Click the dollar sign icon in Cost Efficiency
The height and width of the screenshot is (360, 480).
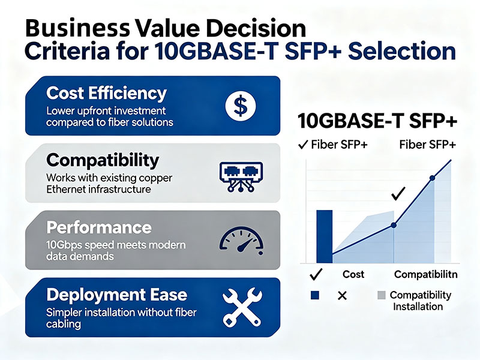[x=240, y=106]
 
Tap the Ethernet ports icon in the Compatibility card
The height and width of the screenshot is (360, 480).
[x=239, y=174]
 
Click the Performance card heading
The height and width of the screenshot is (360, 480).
[x=99, y=227]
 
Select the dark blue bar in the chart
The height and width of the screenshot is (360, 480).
[x=323, y=236]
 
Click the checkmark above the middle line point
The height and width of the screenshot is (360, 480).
[x=397, y=194]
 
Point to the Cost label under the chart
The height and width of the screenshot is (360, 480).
[x=353, y=274]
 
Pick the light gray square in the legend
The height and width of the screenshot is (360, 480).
[x=382, y=295]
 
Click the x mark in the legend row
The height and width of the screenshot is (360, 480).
[x=343, y=295]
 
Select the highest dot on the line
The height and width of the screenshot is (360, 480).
[x=433, y=178]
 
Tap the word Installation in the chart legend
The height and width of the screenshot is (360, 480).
[x=418, y=307]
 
